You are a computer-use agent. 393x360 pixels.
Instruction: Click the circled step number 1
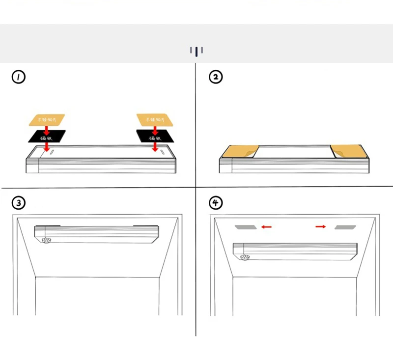(x=19, y=77)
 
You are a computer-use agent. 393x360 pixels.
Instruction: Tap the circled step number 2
(x=216, y=77)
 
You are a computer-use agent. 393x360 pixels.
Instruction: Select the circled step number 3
(x=19, y=203)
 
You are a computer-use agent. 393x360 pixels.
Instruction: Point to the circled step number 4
(x=216, y=203)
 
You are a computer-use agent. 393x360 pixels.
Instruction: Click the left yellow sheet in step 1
(x=47, y=119)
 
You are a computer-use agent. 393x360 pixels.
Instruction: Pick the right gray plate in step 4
(x=345, y=227)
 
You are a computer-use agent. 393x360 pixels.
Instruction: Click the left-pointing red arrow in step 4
(x=267, y=227)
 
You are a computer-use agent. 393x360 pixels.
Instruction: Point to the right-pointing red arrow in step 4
(x=321, y=226)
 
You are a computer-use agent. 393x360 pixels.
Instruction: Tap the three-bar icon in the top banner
(x=196, y=51)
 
